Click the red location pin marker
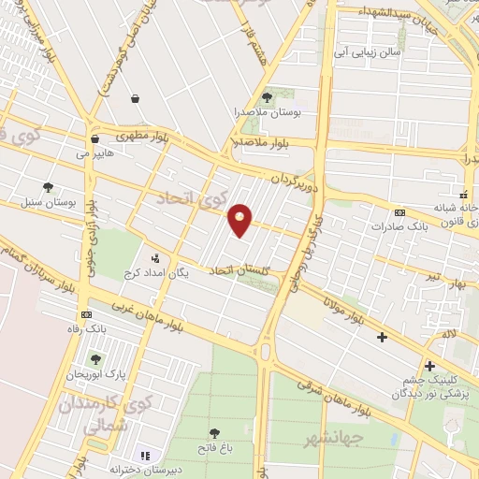[x=240, y=220]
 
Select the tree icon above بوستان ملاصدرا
[x=267, y=96]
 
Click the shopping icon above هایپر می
[x=94, y=138]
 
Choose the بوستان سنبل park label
[x=48, y=201]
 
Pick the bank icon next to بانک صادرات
[x=399, y=212]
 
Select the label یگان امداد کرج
[x=156, y=272]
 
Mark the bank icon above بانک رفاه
[x=88, y=314]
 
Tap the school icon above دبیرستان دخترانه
[x=146, y=455]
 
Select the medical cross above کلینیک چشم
[x=429, y=366]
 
